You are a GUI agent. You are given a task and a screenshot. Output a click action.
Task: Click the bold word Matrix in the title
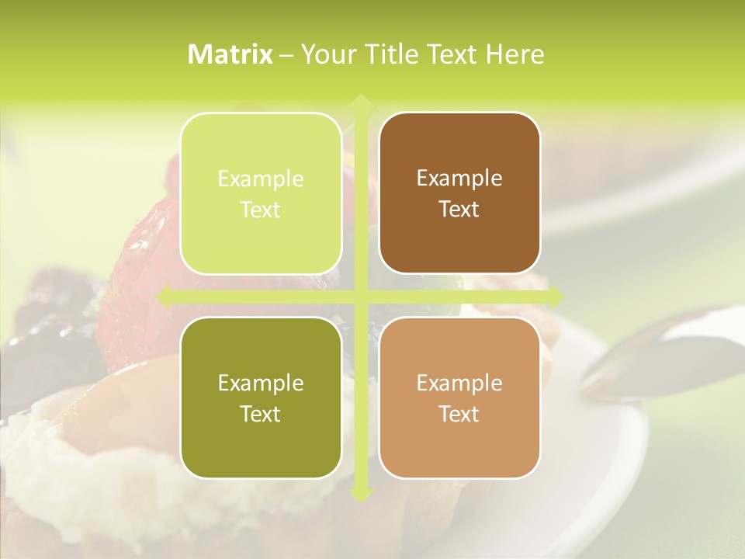[x=230, y=54]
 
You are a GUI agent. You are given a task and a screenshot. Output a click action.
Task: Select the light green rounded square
[x=261, y=194]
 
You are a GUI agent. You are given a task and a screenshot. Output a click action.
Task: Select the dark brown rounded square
[x=459, y=193]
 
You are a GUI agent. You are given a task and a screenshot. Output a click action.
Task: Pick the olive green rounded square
[x=261, y=398]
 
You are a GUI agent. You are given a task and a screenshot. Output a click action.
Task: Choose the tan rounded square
[x=459, y=398]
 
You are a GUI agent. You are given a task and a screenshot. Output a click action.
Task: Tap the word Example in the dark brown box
[x=459, y=179]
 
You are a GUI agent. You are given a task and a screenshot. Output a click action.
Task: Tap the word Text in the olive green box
[x=261, y=414]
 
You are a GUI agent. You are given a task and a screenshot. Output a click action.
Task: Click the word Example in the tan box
[x=459, y=383]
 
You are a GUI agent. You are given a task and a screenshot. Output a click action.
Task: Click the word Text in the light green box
[x=261, y=210]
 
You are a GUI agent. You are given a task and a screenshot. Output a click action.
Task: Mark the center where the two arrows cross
[x=360, y=297]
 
